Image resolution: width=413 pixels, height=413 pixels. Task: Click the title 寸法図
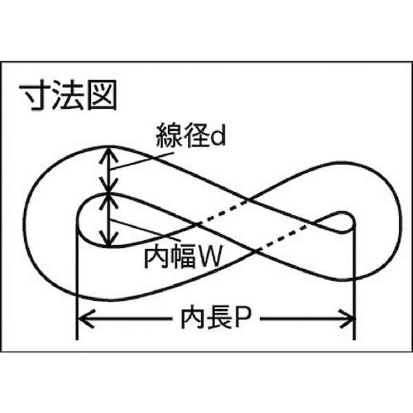click(68, 94)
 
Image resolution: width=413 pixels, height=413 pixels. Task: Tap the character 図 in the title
click(102, 94)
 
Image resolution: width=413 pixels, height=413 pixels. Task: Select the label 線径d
click(191, 135)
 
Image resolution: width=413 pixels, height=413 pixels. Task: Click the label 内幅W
click(182, 255)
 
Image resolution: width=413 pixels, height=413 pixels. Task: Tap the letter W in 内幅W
click(209, 256)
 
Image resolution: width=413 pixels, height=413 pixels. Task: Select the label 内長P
click(215, 319)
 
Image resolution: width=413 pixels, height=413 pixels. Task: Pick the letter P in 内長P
click(242, 318)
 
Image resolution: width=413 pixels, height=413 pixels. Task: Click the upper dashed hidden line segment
click(224, 210)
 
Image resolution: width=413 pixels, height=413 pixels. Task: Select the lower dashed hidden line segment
click(284, 236)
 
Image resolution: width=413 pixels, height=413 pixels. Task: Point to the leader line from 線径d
click(142, 160)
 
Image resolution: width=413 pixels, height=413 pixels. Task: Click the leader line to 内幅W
click(145, 230)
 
